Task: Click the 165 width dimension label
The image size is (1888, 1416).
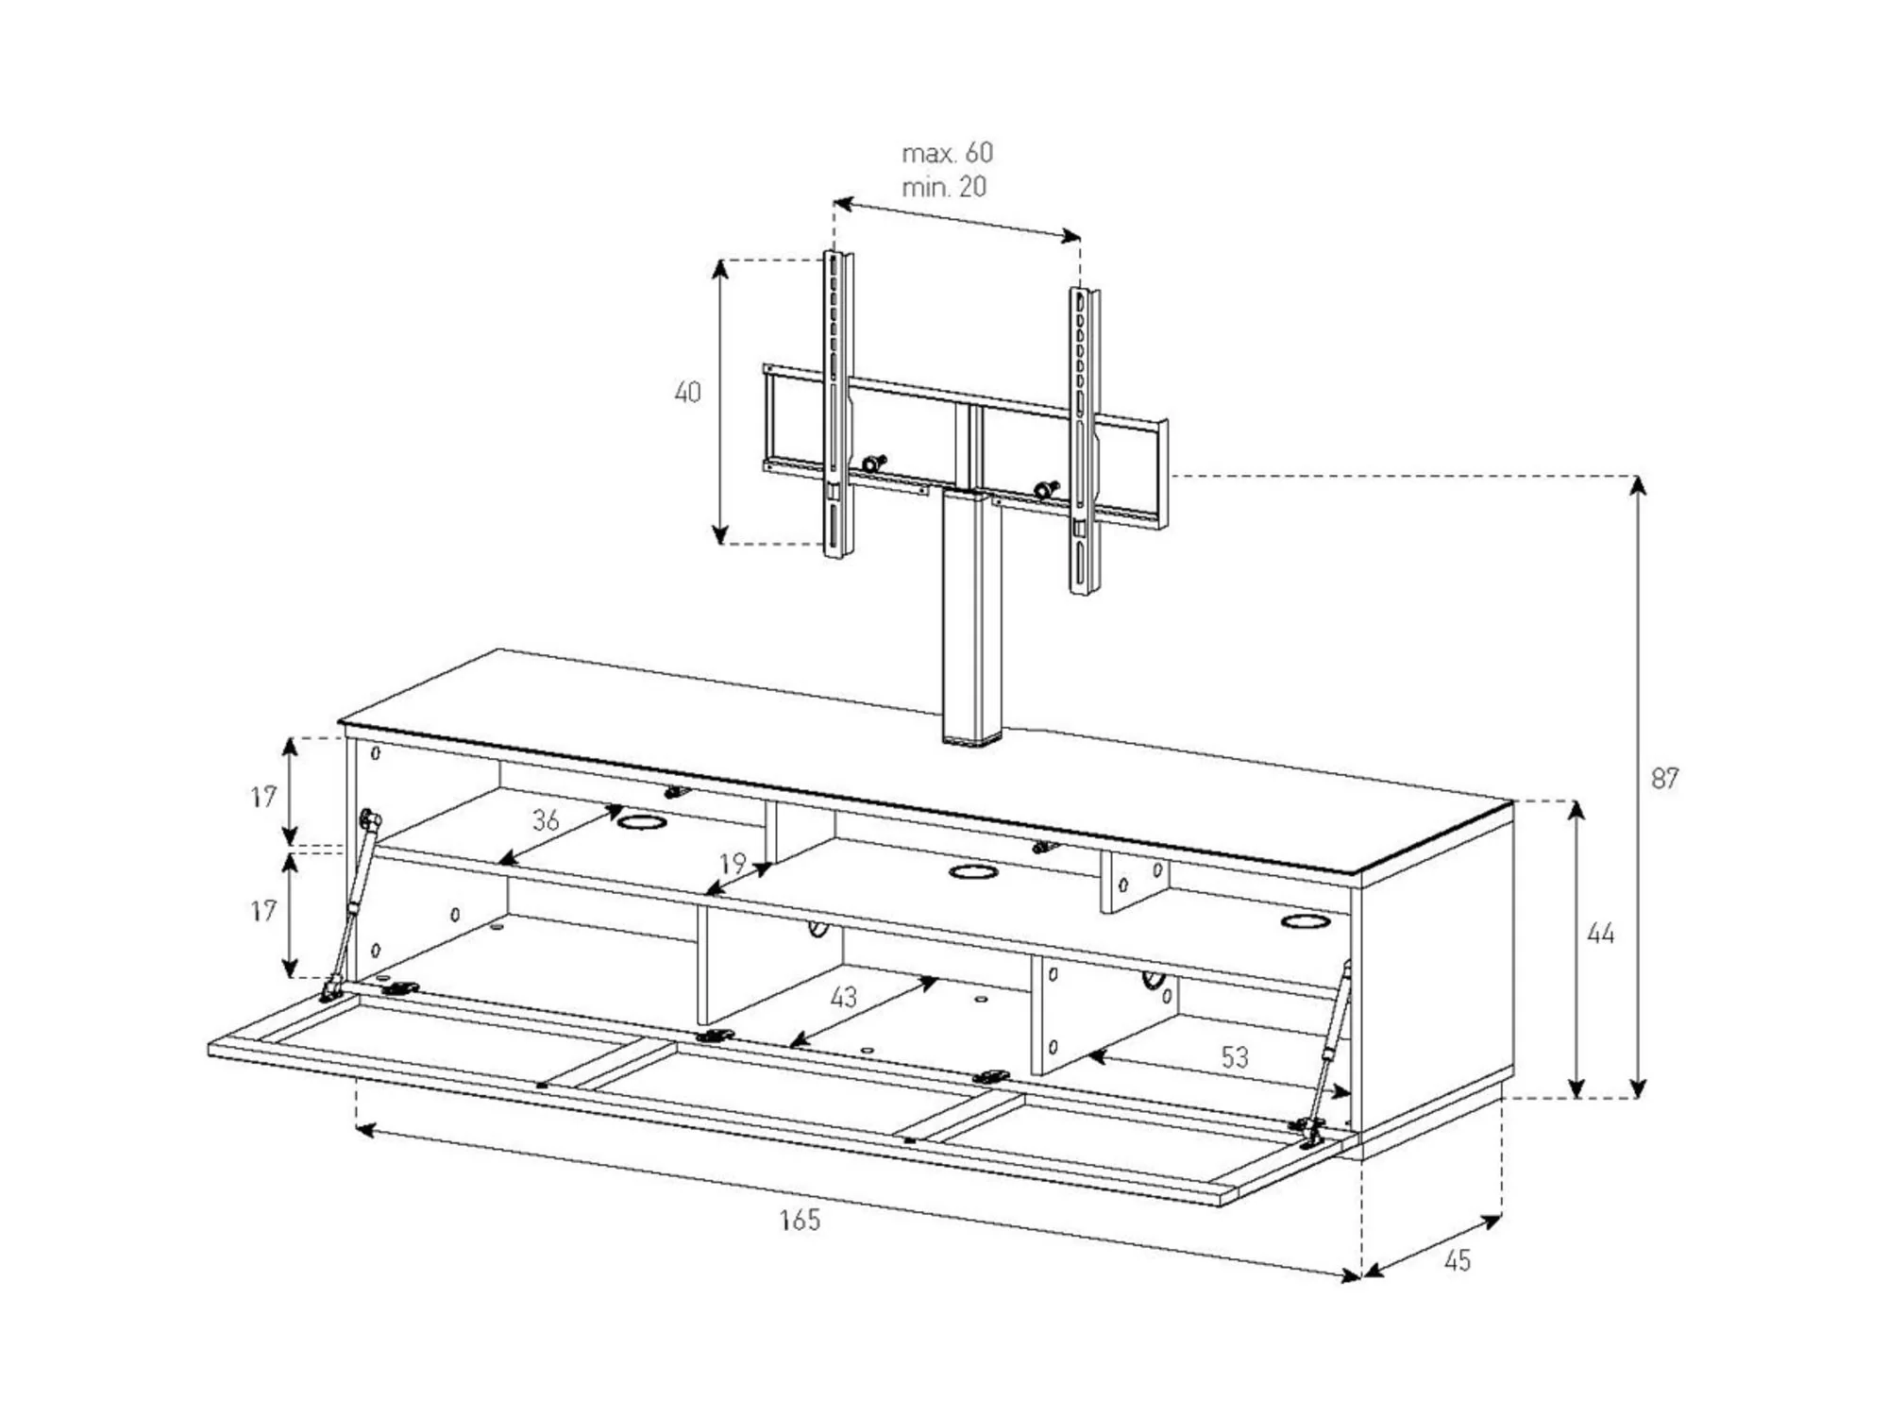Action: [x=800, y=1220]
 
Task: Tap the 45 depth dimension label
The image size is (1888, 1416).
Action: [x=1458, y=1261]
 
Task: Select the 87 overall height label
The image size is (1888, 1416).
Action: [x=1664, y=779]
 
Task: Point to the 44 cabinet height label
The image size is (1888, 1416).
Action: [x=1601, y=935]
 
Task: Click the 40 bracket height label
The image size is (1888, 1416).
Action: [x=687, y=392]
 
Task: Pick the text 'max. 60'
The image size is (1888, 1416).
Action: [x=947, y=153]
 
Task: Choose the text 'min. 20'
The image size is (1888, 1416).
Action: [x=943, y=187]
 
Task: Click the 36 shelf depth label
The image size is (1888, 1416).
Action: [x=546, y=820]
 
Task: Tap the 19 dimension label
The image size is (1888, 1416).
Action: [x=733, y=863]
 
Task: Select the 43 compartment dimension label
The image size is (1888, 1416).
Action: [x=843, y=997]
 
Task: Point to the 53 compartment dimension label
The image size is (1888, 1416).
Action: [x=1235, y=1057]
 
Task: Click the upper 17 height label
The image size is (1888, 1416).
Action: [x=264, y=798]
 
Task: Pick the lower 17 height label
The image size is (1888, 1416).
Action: [x=264, y=911]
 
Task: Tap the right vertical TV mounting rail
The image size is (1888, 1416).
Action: [x=1085, y=441]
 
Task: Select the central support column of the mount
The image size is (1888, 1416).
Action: [x=969, y=617]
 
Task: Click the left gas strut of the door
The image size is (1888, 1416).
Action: [x=350, y=904]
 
